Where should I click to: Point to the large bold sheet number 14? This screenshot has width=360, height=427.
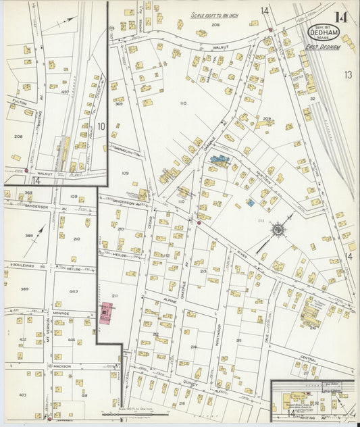pyautogui.click(x=342, y=18)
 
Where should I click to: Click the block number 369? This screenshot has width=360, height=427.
pyautogui.click(x=118, y=103)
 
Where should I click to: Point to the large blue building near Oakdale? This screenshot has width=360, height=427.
pyautogui.click(x=220, y=161)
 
